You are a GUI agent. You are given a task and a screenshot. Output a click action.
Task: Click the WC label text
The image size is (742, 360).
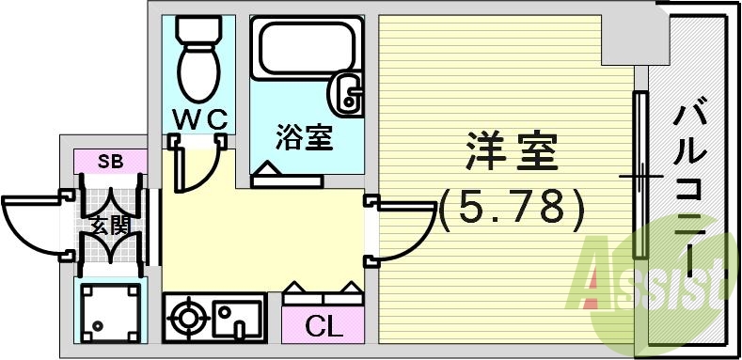pos(198,120)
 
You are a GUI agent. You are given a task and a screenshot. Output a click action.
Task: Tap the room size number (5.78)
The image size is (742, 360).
pos(513,207)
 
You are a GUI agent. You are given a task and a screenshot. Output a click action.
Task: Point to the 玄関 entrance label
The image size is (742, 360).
pos(110,226)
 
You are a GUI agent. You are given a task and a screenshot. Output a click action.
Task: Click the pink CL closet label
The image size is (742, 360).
pos(323,327)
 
